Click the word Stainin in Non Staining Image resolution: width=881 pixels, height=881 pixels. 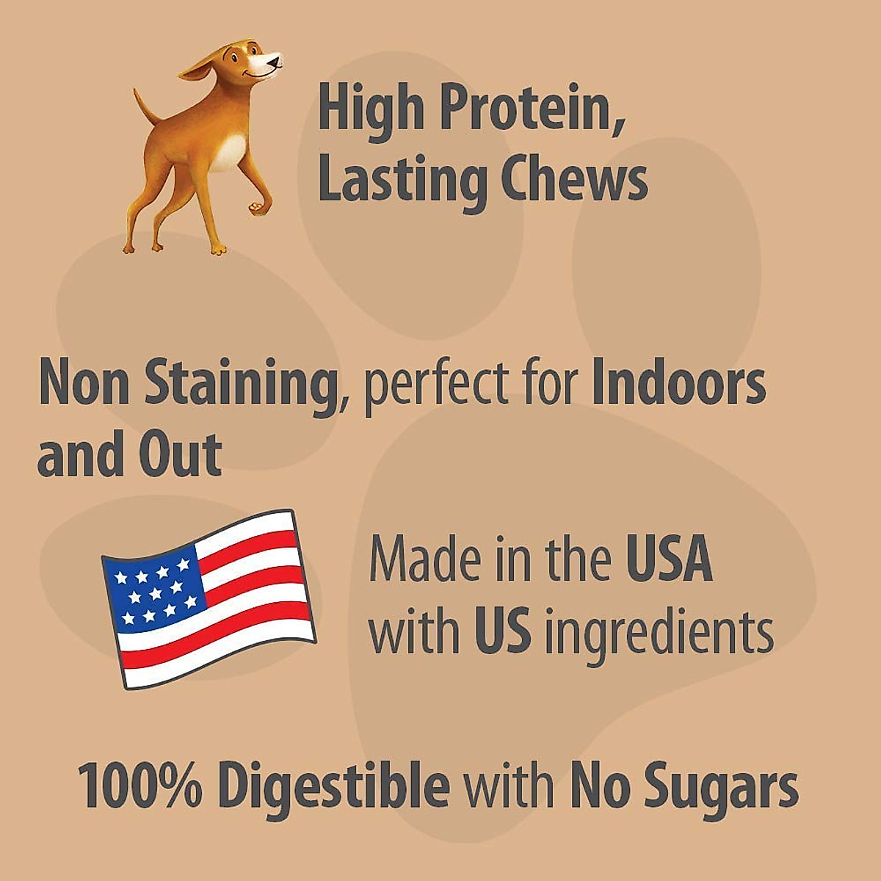pyautogui.click(x=239, y=384)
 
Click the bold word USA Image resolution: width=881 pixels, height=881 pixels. pyautogui.click(x=669, y=559)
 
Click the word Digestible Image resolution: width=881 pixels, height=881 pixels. pyautogui.click(x=334, y=785)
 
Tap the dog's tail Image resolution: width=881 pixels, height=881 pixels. pyautogui.click(x=144, y=106)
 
